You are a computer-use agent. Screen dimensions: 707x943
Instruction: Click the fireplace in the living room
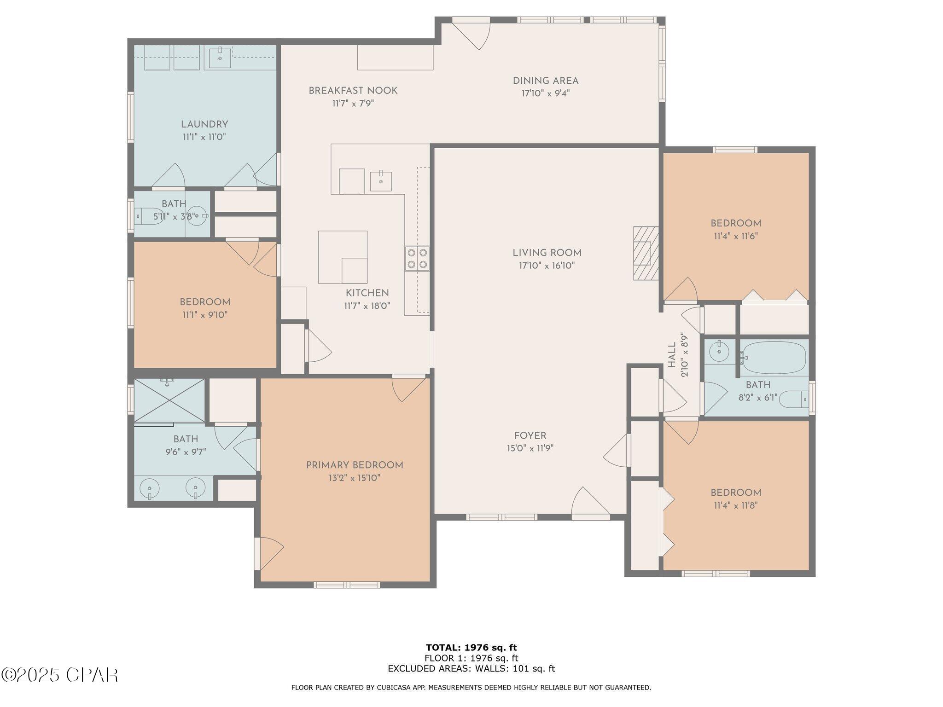coord(646,253)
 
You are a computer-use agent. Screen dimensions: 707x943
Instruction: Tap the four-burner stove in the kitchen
coord(417,258)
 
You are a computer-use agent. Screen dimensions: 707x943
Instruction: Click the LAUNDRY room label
coord(204,124)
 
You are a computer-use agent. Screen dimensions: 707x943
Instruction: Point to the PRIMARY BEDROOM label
coord(355,465)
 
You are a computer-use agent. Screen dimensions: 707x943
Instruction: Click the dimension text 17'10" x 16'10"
coord(547,266)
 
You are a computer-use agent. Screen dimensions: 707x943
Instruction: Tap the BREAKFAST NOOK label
coord(353,91)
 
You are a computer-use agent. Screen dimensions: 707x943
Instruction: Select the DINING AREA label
coord(546,81)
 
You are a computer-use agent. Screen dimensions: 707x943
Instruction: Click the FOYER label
coord(530,435)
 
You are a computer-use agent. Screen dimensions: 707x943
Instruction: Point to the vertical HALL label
coord(672,354)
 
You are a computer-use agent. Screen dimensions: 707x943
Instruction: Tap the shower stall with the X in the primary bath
coord(169,400)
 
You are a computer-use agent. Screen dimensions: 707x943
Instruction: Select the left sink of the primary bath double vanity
coord(149,487)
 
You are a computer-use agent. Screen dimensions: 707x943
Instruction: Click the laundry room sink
coord(220,58)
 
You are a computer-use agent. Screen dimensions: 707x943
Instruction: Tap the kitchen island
coord(343,257)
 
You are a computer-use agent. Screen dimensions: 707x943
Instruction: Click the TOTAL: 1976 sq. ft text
coord(471,648)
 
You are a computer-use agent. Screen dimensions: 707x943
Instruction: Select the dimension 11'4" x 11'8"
coord(735,505)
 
